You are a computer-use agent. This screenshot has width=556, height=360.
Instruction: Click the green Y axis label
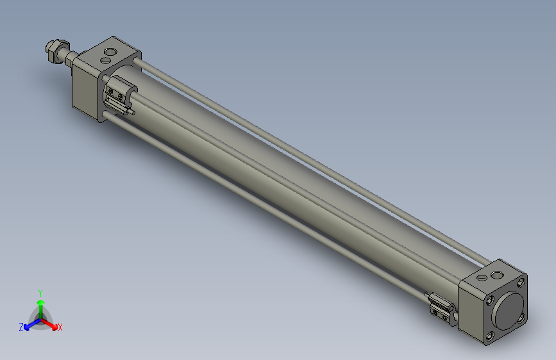(x=40, y=292)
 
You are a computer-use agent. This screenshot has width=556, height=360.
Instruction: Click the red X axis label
(x=60, y=327)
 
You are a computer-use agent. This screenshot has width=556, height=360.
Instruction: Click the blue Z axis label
(x=21, y=327)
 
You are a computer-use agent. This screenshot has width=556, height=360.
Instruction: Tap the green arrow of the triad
(x=40, y=302)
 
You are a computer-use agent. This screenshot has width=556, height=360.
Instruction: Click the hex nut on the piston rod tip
(x=54, y=50)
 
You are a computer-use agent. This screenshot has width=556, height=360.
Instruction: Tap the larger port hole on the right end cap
(x=497, y=275)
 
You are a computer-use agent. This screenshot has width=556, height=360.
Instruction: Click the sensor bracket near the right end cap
(x=441, y=306)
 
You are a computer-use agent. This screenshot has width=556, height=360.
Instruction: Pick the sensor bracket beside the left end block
(x=119, y=94)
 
